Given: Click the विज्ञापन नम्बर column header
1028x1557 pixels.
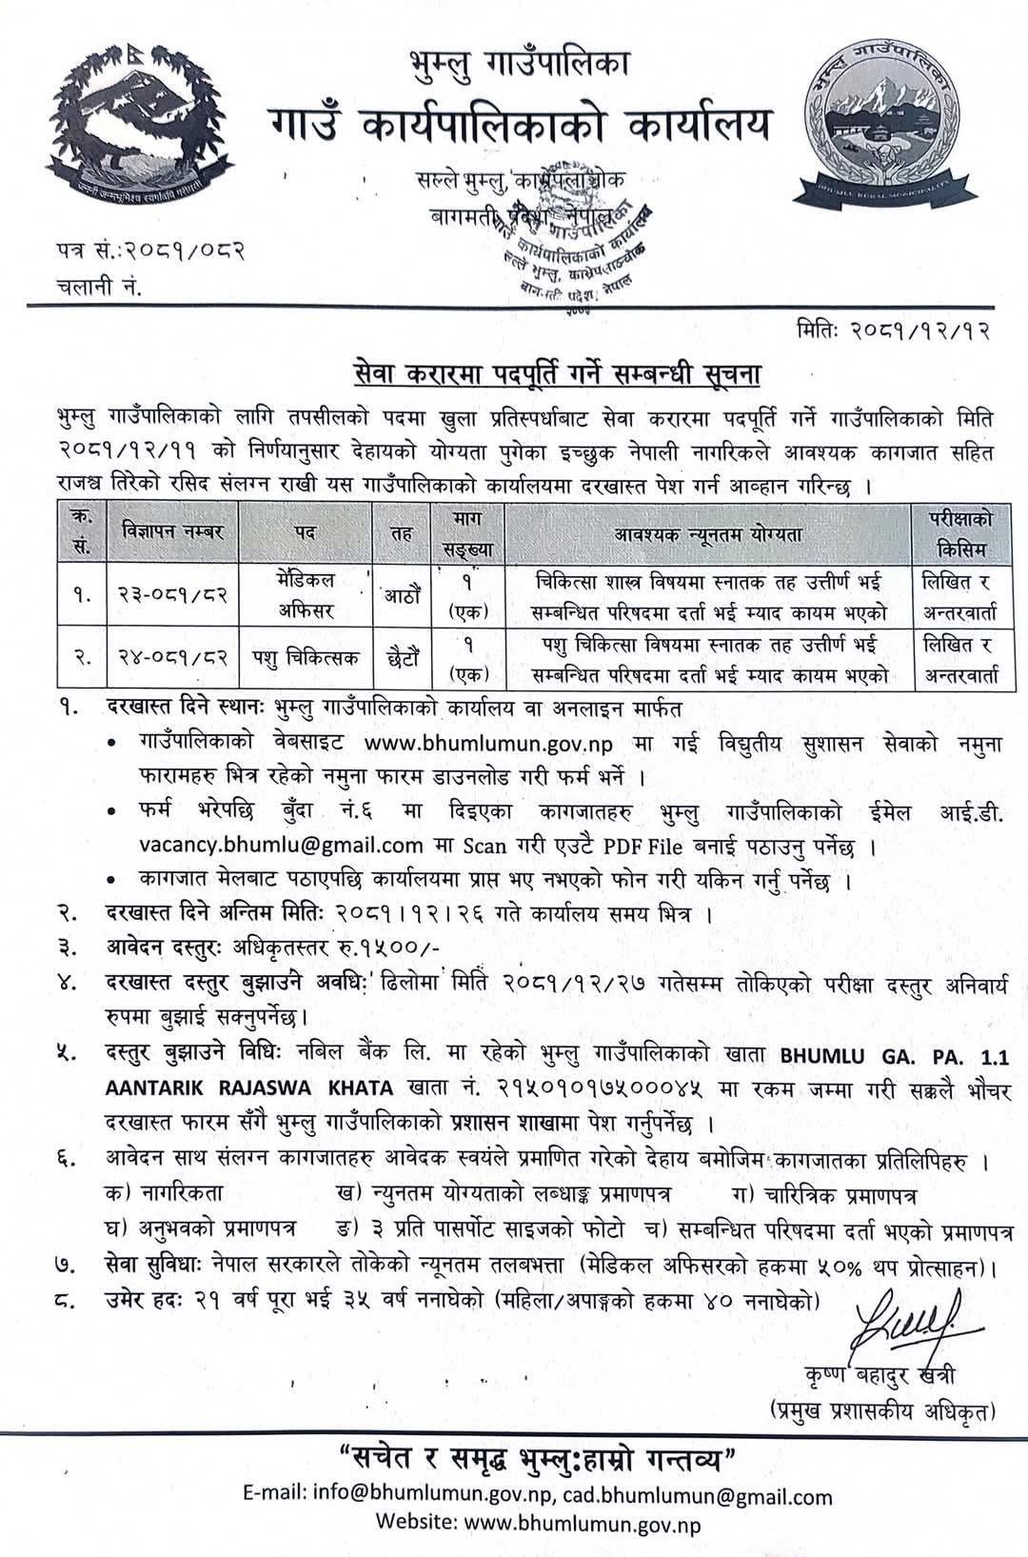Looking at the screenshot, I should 167,532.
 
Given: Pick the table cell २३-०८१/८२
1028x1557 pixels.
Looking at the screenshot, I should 167,595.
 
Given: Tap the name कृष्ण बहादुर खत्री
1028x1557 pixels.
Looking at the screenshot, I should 881,1375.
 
